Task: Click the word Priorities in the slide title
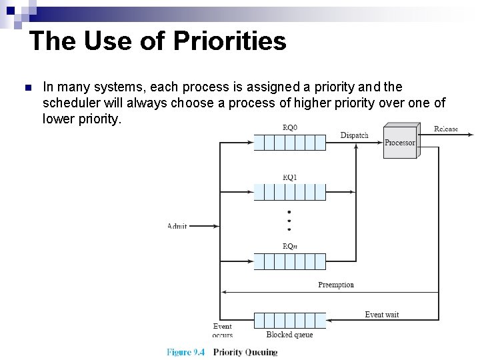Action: pos(230,41)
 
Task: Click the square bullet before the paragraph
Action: pos(27,88)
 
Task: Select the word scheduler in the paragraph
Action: pos(72,103)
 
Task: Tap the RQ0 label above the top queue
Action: pos(290,127)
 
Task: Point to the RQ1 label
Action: pos(290,177)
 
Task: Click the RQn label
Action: pos(290,246)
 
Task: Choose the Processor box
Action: pos(400,142)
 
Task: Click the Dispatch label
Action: pos(354,135)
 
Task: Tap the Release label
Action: pos(446,129)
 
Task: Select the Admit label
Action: pos(177,227)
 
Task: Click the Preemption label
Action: pos(336,285)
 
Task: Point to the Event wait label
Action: pos(382,314)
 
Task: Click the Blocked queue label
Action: pos(289,335)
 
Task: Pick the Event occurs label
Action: pos(223,331)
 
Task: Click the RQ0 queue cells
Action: pos(290,142)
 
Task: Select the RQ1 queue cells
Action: pos(290,192)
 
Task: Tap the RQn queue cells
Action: pos(290,261)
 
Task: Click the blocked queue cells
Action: pos(290,320)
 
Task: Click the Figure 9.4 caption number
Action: pos(186,352)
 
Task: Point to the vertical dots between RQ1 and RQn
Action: pos(289,221)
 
